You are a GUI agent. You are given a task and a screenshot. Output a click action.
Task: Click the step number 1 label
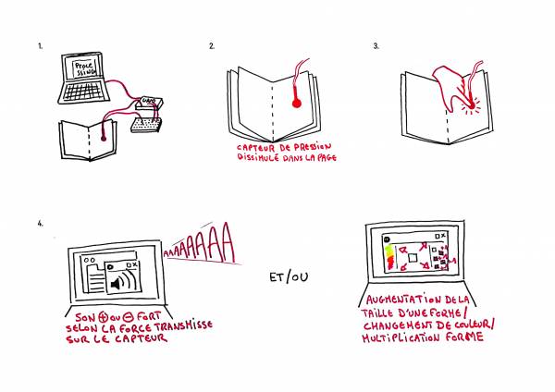pyautogui.click(x=40, y=45)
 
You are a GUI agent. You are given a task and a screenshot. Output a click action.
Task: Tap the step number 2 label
pyautogui.click(x=212, y=45)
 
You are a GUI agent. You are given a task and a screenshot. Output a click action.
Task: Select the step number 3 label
pyautogui.click(x=376, y=45)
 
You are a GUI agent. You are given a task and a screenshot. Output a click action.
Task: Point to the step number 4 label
pyautogui.click(x=40, y=223)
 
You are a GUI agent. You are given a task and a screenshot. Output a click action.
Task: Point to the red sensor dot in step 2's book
pyautogui.click(x=293, y=104)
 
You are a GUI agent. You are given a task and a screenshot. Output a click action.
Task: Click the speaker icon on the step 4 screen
pyautogui.click(x=120, y=282)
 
